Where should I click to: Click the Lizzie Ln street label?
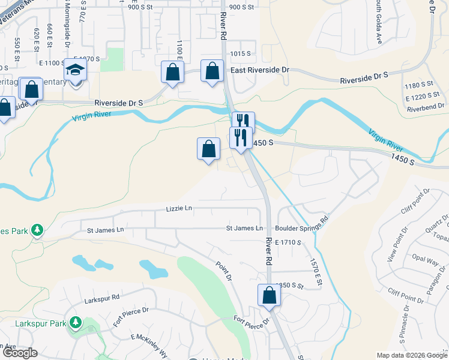pos(179,209)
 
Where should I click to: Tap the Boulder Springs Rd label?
pos(302,228)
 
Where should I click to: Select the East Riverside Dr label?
pos(260,70)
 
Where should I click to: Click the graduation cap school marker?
pos(76,70)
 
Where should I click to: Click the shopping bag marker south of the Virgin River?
pos(208,149)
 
